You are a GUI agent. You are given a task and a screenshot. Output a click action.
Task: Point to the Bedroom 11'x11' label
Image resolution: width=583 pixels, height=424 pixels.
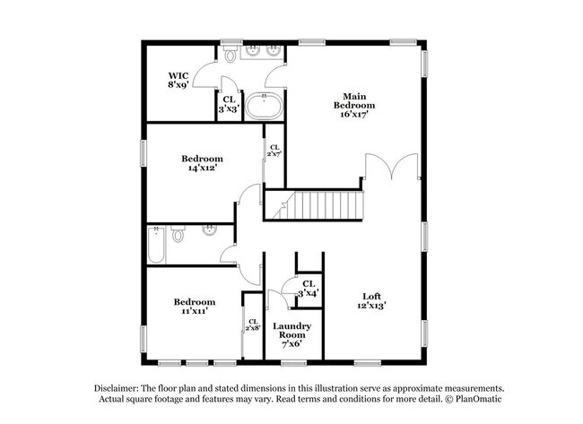coord(195,307)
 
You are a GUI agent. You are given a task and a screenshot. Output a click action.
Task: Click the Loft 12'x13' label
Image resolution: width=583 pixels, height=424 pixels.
coord(372,301)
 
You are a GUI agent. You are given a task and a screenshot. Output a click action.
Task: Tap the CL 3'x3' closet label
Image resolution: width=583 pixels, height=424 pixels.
coord(228,104)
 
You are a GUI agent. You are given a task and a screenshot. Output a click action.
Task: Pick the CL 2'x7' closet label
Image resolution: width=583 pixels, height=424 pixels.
coord(274,151)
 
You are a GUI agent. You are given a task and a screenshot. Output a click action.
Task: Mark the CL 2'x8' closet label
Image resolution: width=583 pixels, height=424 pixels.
coord(253,324)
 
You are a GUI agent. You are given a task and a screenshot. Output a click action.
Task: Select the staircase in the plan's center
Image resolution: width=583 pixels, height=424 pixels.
coord(318,205)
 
